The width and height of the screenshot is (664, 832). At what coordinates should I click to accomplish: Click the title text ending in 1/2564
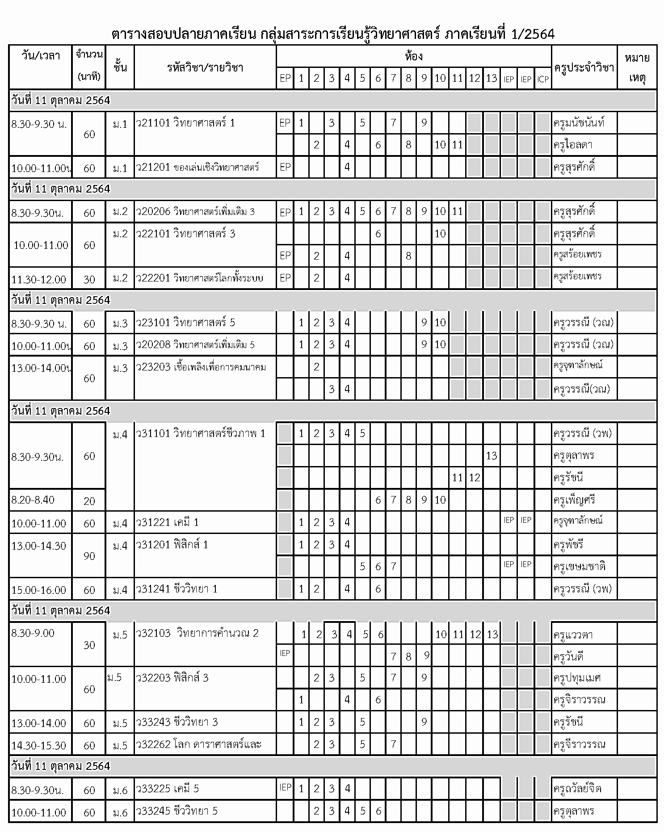(x=333, y=34)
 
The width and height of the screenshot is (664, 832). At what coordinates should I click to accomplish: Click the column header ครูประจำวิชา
(x=584, y=67)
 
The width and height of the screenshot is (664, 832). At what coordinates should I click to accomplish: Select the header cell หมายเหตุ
(x=637, y=67)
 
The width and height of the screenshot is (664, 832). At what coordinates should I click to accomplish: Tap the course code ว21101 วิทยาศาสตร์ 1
(x=185, y=123)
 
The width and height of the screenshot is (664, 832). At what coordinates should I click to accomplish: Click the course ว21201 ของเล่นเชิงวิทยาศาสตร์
(x=198, y=167)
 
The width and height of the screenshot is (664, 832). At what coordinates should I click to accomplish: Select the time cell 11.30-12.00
(x=39, y=279)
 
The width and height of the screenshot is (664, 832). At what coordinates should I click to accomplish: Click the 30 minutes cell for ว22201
(x=89, y=279)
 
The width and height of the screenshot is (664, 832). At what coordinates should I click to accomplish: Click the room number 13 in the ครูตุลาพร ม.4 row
(x=492, y=456)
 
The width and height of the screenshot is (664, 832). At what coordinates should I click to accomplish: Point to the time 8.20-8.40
(x=33, y=500)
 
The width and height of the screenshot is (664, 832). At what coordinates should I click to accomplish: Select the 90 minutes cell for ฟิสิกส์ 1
(x=89, y=556)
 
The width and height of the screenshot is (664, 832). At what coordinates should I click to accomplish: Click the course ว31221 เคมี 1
(x=168, y=522)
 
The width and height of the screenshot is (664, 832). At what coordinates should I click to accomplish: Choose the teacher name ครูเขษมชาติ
(x=579, y=567)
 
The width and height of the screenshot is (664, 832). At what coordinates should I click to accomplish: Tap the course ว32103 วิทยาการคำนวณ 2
(x=197, y=633)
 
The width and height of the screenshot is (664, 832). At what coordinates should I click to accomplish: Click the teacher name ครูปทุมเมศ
(x=577, y=678)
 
